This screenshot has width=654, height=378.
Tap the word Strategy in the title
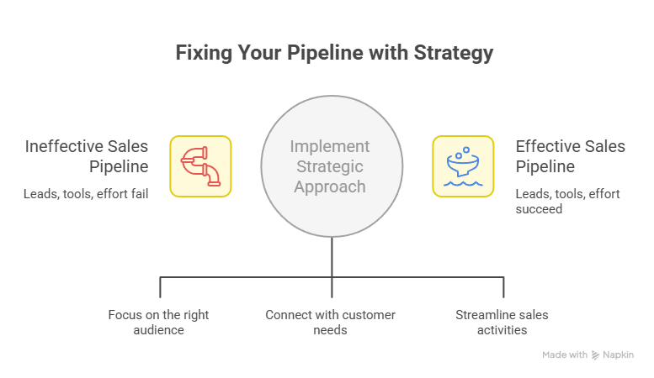pos(452,52)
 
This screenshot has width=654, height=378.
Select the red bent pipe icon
pos(200,166)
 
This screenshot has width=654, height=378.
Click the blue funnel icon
pos(463,166)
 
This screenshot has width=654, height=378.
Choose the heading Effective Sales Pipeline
pos(570,157)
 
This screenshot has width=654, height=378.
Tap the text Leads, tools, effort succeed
pos(567,202)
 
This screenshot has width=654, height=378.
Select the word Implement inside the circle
pos(331,147)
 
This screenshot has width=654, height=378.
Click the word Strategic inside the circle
pos(331,166)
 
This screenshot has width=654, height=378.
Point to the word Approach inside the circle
pos(331,186)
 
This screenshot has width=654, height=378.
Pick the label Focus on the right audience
pos(158,323)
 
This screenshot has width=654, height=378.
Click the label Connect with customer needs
pos(330,323)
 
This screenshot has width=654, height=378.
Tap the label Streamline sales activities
pos(502,323)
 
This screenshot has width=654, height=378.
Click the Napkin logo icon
pos(596,355)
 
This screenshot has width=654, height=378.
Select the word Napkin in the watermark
pos(620,355)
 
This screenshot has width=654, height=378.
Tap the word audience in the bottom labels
pos(158,330)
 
